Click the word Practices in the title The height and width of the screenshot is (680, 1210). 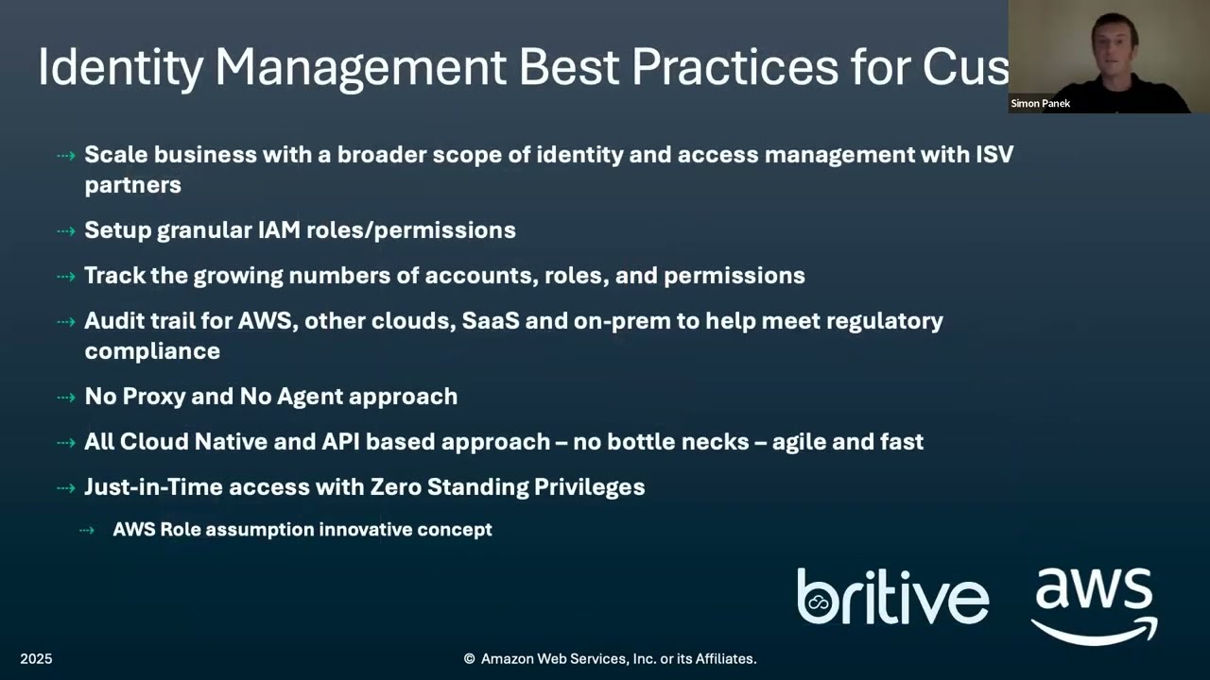[x=734, y=68]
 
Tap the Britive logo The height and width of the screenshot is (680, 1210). [x=892, y=597]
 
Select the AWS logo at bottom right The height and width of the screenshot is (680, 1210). [x=1094, y=604]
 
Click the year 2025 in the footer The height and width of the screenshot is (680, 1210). [x=36, y=658]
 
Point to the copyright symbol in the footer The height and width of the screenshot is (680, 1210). [x=469, y=659]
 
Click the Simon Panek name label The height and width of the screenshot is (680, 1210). [x=1040, y=104]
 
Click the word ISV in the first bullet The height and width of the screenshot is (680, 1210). [x=994, y=154]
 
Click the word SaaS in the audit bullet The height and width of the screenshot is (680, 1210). [x=491, y=320]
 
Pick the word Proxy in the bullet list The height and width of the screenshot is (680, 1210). [x=151, y=396]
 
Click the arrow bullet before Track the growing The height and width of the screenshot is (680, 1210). [x=65, y=276]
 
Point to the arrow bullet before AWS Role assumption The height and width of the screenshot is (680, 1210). [x=87, y=530]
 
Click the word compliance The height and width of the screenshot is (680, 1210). [x=151, y=350]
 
